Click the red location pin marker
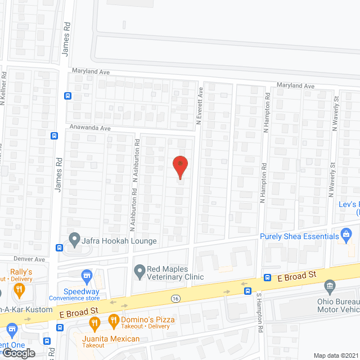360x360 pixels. click(x=179, y=167)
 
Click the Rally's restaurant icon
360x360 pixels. click(x=19, y=290)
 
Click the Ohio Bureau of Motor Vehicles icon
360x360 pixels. click(x=330, y=286)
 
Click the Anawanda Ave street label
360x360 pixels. click(x=90, y=128)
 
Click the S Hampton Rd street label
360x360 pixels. click(x=259, y=312)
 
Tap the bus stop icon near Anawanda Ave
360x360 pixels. click(x=55, y=136)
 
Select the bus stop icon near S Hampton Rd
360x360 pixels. click(x=247, y=291)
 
